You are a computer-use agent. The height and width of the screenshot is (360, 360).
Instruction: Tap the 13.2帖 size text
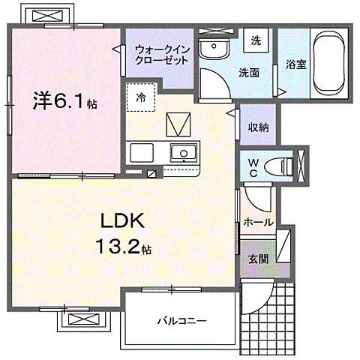tap(122, 247)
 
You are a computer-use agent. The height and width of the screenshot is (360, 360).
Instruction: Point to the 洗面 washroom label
tap(249, 73)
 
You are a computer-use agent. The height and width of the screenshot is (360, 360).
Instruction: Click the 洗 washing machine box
tap(255, 40)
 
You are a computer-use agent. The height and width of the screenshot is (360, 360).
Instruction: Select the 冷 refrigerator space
tap(140, 96)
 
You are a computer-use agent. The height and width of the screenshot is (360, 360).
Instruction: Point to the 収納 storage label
tap(258, 127)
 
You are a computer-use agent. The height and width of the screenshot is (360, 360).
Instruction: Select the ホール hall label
tap(258, 222)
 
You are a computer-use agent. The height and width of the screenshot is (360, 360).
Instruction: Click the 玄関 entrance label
tap(257, 259)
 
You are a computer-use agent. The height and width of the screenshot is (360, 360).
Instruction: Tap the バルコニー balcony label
tap(181, 321)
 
